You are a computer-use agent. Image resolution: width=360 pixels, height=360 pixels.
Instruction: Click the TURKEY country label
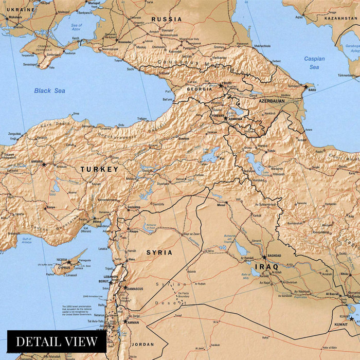pyautogui.click(x=99, y=169)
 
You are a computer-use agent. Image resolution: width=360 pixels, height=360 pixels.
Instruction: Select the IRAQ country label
pyautogui.click(x=266, y=267)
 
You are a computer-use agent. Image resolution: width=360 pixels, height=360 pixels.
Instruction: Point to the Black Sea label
pyautogui.click(x=50, y=91)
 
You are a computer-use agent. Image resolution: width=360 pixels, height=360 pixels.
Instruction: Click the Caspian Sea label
pyautogui.click(x=314, y=63)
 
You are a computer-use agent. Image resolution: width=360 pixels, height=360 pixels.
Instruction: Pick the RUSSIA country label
pyautogui.click(x=166, y=19)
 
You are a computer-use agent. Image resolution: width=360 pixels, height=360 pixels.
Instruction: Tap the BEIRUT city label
pyautogui.click(x=104, y=282)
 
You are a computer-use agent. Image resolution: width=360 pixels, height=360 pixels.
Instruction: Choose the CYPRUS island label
pyautogui.click(x=64, y=267)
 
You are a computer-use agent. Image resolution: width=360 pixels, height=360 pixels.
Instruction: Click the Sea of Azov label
pyautogui.click(x=77, y=28)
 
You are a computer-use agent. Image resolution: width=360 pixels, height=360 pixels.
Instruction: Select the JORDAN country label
pyautogui.click(x=142, y=344)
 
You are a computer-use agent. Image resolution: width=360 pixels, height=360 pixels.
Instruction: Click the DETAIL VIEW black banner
pyautogui.click(x=56, y=341)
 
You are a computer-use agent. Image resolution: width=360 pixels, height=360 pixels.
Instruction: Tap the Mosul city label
pyautogui.click(x=221, y=205)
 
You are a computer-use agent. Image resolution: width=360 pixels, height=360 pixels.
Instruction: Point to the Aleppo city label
pyautogui.click(x=134, y=232)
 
